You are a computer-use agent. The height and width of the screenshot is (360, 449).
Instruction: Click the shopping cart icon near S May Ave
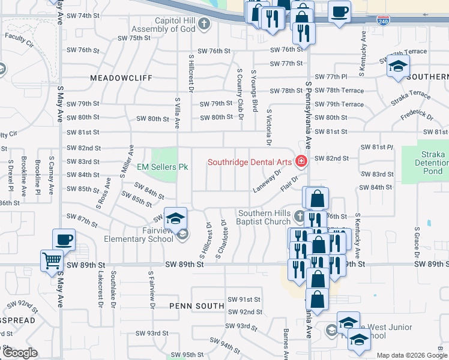click(52, 261)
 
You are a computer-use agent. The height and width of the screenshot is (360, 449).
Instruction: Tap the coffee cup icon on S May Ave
click(64, 240)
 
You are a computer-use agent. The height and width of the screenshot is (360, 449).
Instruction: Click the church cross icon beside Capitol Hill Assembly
click(204, 24)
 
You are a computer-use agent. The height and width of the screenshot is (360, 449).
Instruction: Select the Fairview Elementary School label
click(130, 235)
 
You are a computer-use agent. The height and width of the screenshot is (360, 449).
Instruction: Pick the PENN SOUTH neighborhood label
click(196, 305)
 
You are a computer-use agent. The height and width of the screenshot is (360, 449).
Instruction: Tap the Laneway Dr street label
click(267, 181)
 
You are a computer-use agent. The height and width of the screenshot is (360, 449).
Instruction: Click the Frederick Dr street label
click(416, 115)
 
